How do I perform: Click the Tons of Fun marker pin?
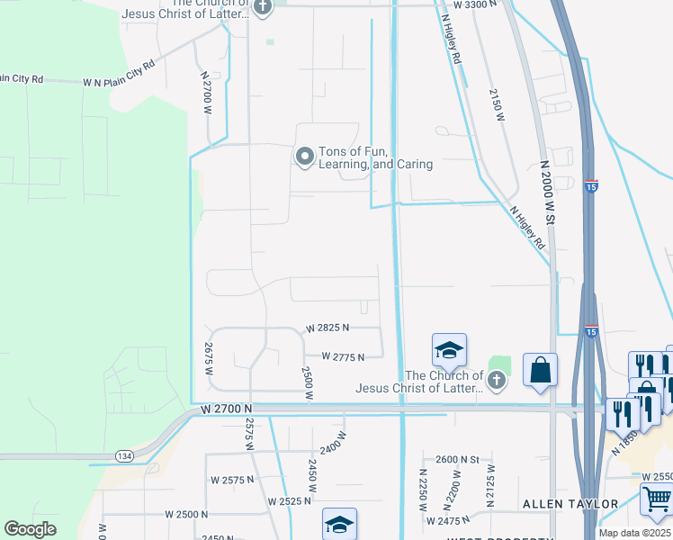click(305, 157)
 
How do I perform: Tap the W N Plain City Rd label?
click(119, 73)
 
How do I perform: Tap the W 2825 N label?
click(328, 328)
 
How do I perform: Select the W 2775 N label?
click(342, 357)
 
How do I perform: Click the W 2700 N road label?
click(227, 409)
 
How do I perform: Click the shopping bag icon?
click(540, 371)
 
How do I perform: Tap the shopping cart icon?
click(657, 500)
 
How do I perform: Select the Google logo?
click(31, 529)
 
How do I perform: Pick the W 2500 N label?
click(186, 514)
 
